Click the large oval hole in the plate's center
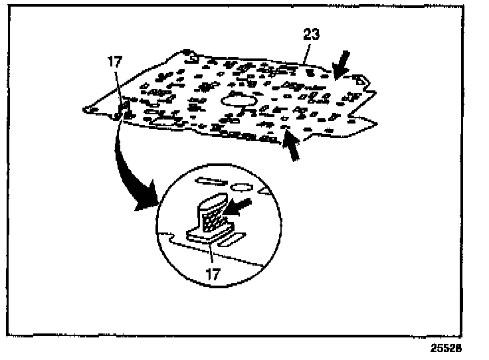click(241, 100)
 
